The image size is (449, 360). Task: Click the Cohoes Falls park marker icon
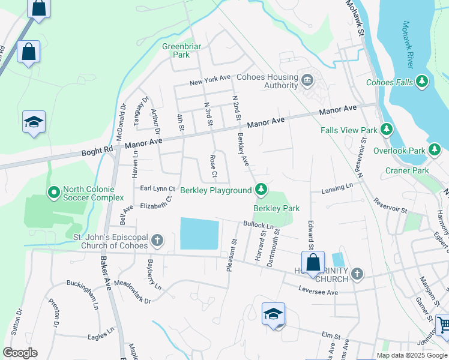pyautogui.click(x=423, y=81)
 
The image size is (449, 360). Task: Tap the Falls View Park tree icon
pyautogui.click(x=387, y=129)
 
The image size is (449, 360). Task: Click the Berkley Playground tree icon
pyautogui.click(x=261, y=190)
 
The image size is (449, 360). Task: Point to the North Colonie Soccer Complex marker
pyautogui.click(x=53, y=193)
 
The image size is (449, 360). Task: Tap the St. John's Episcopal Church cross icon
pyautogui.click(x=157, y=241)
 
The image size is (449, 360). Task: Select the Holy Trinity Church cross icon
pyautogui.click(x=357, y=274)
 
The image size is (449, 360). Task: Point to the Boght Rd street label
pyautogui.click(x=97, y=151)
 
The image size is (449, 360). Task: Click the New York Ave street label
pyautogui.click(x=210, y=79)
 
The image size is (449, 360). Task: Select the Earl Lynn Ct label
pyautogui.click(x=157, y=188)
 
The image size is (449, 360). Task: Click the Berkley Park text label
pyautogui.click(x=276, y=209)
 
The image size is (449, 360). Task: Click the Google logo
pyautogui.click(x=20, y=353)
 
